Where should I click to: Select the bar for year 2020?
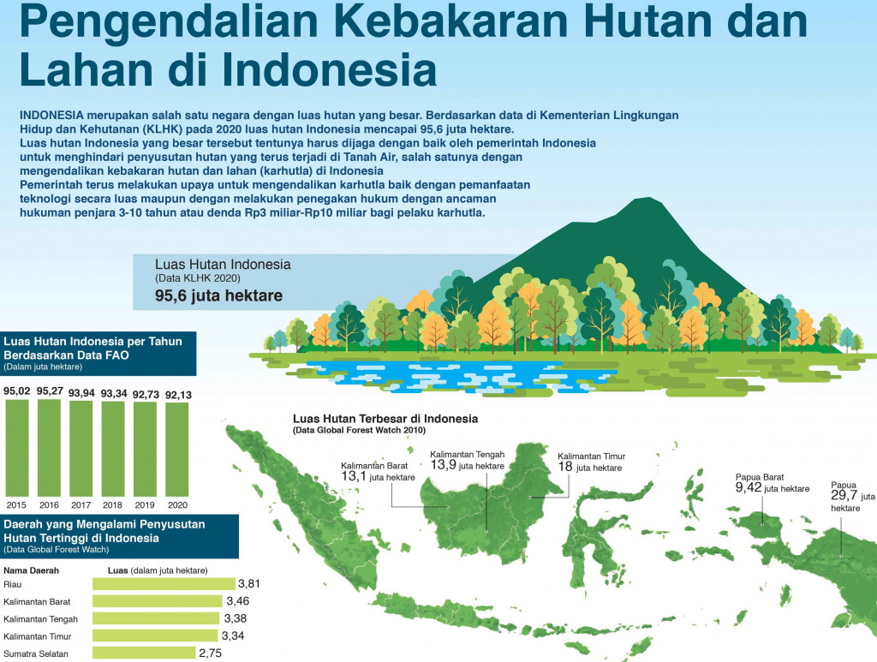coord(176,448)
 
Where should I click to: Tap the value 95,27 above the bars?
coord(50,391)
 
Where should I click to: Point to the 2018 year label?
coord(113,504)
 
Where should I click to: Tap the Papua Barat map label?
coord(759,478)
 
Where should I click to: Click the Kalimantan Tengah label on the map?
coord(467,454)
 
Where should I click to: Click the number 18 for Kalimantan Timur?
coord(565,468)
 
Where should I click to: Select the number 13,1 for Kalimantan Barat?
coord(354,476)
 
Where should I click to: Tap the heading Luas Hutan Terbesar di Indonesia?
coord(385,419)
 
